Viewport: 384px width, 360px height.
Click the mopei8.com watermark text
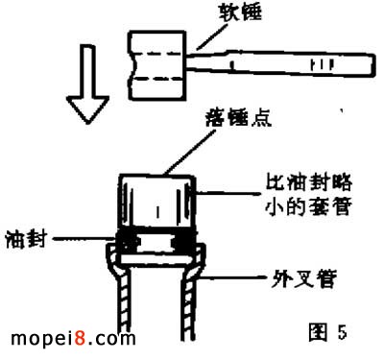[67, 339]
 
